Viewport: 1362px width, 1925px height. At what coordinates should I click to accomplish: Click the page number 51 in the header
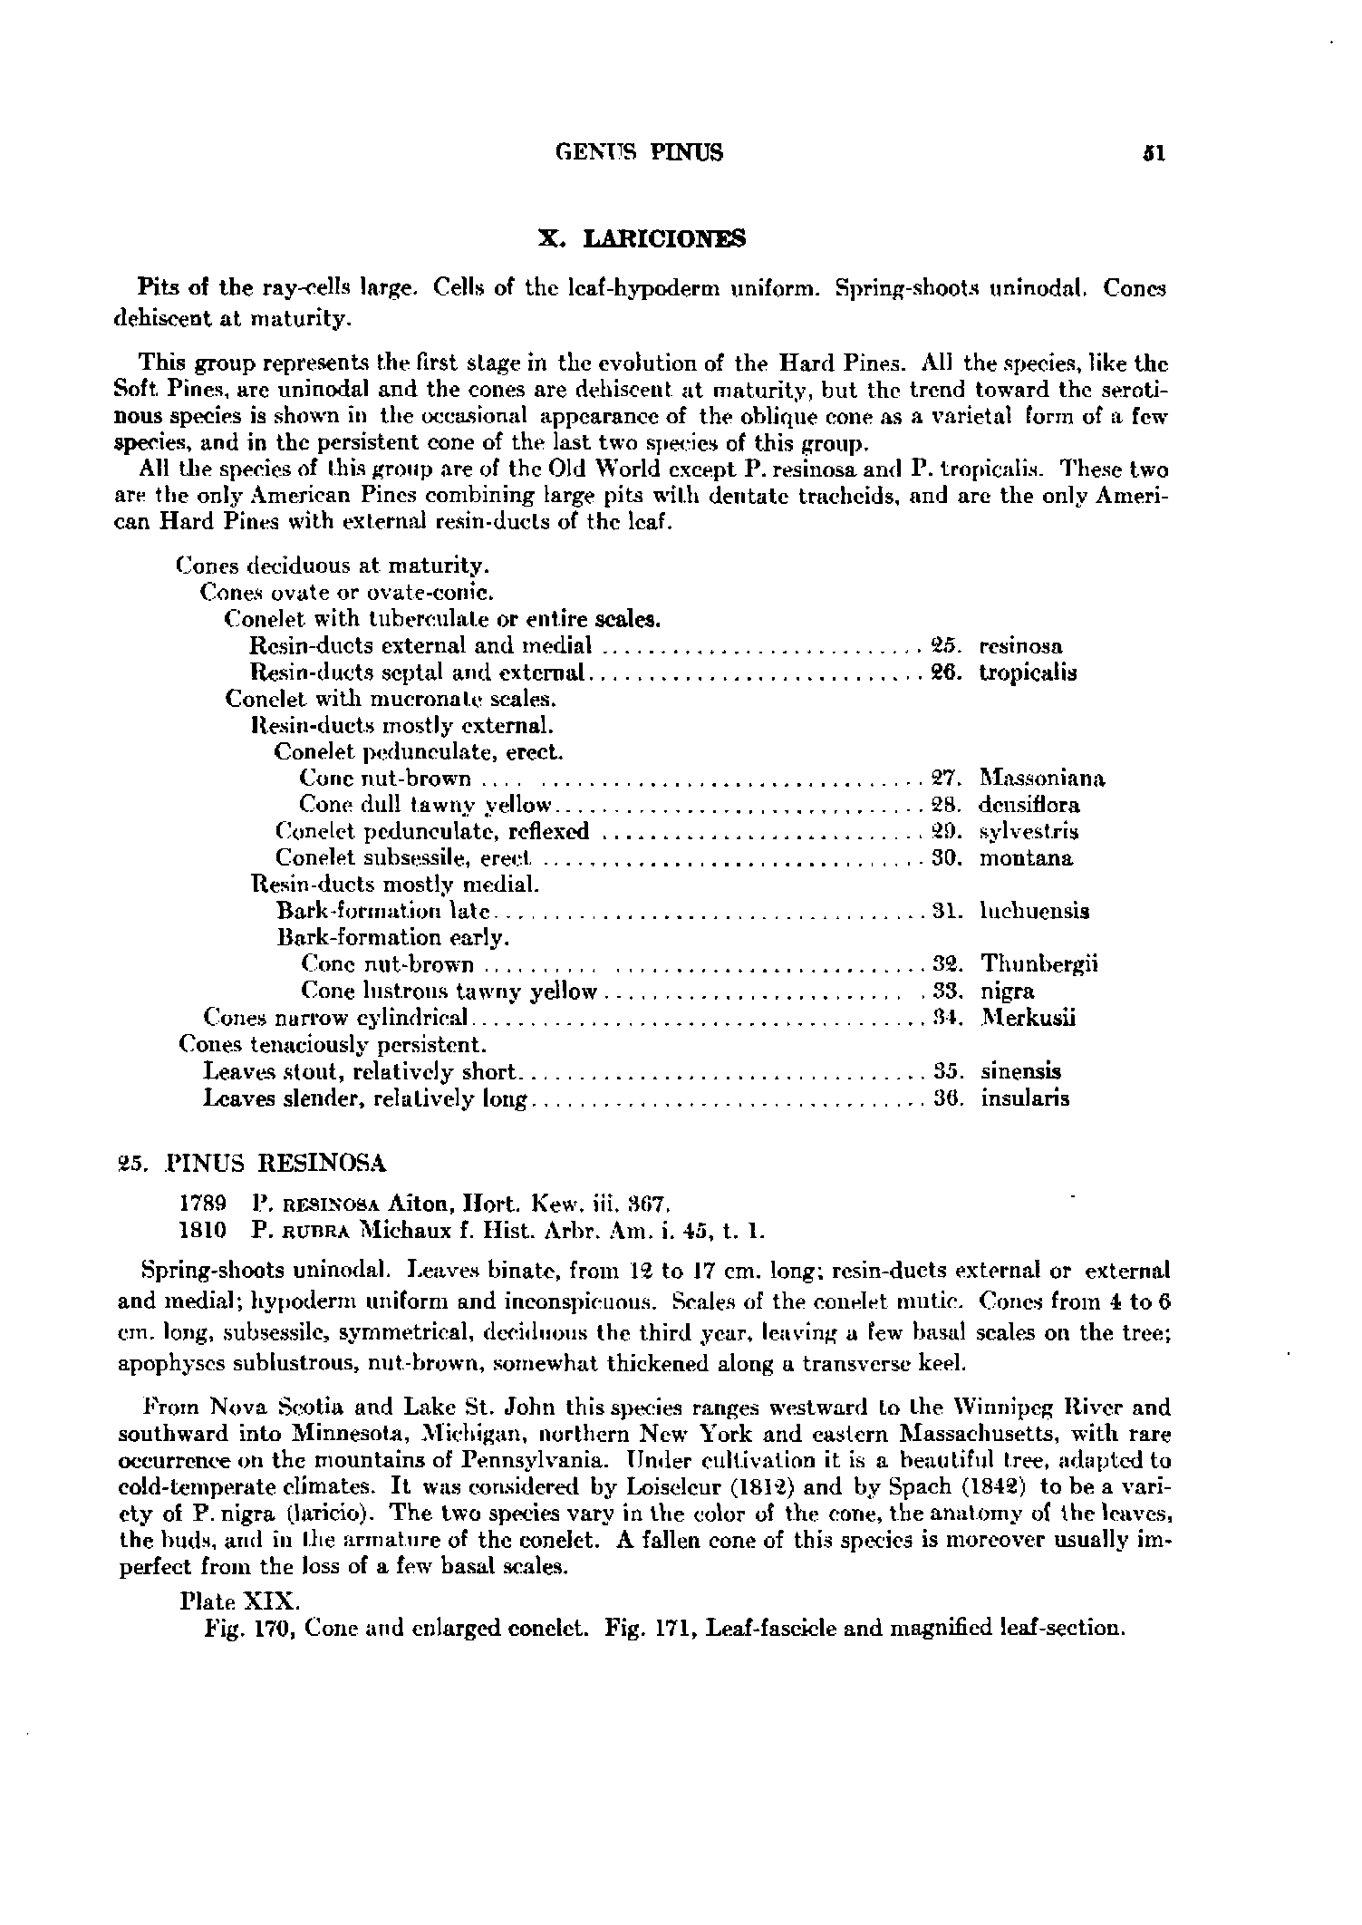(1153, 153)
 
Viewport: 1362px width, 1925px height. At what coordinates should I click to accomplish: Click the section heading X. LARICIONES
(642, 239)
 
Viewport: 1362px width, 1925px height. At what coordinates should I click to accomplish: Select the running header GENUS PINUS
(639, 153)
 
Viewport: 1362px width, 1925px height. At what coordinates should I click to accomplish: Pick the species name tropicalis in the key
(1028, 673)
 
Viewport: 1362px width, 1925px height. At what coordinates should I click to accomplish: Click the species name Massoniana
(1042, 779)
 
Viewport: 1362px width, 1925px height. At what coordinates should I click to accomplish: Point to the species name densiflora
(1029, 805)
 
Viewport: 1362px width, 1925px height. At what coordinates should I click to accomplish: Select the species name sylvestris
(1029, 831)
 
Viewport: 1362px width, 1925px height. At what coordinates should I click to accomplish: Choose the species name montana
(1026, 857)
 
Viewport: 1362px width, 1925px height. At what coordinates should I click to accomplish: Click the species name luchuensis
(1034, 911)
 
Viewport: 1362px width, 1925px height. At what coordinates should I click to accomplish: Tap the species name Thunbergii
(1039, 963)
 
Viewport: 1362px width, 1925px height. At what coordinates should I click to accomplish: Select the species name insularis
(1025, 1098)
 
